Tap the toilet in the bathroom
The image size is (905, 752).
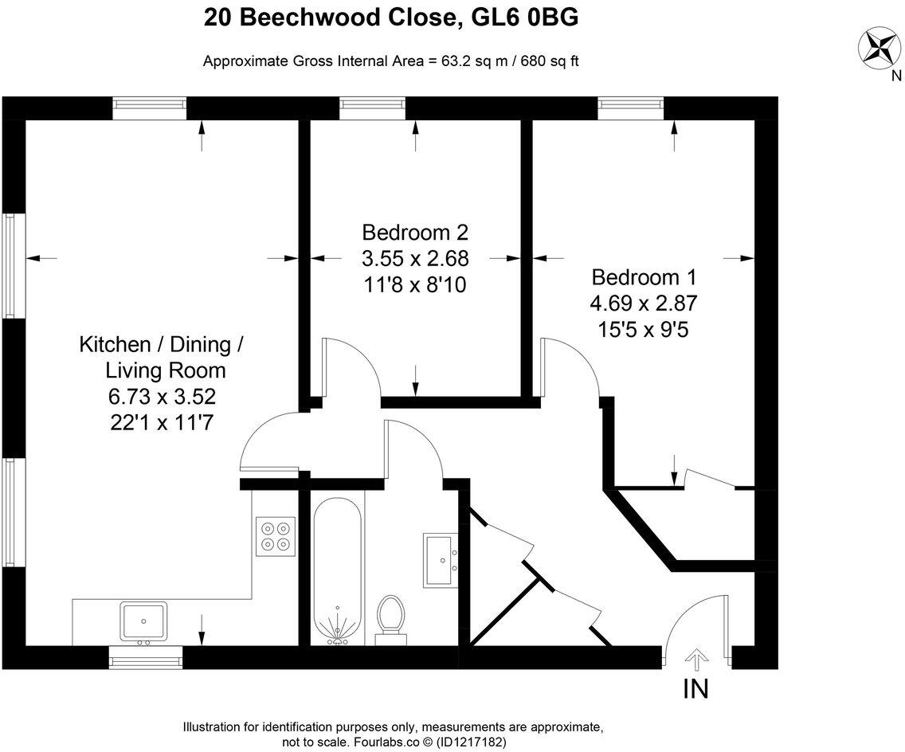pos(390,619)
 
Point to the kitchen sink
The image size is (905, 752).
pos(143,621)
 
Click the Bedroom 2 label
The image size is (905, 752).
pos(414,233)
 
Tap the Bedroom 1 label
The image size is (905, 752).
pos(644,277)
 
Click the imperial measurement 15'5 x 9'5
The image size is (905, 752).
pos(644,328)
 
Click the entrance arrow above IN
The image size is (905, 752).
pos(697,658)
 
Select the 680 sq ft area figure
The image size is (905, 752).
pos(550,61)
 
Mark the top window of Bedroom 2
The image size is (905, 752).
pos(372,107)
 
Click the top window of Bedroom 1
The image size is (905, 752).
pos(631,107)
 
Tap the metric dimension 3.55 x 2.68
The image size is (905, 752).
pos(414,258)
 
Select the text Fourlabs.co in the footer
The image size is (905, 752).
pos(382,741)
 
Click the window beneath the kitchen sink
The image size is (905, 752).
pos(145,656)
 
